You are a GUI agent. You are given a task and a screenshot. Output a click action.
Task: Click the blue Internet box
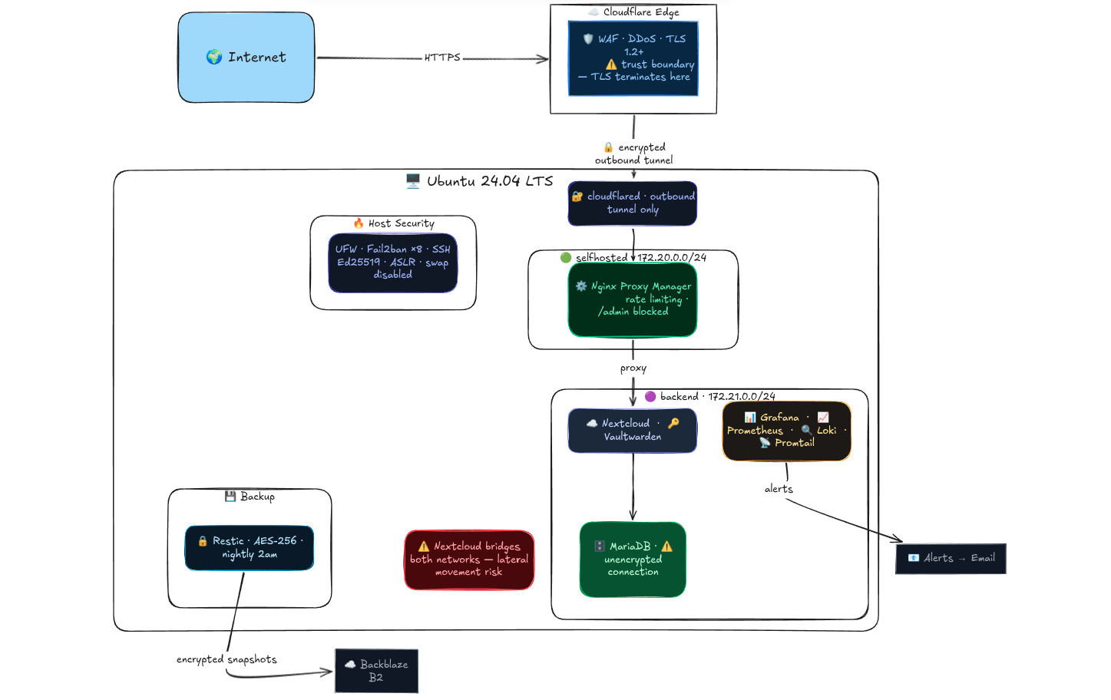tap(246, 58)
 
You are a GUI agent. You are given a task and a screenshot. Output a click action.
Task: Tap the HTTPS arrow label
tap(442, 58)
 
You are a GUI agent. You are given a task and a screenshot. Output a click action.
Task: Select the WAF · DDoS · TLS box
tap(633, 58)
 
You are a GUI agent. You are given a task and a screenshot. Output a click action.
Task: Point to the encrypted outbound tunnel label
tap(634, 154)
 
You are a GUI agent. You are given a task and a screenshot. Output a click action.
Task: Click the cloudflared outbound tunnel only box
tap(633, 203)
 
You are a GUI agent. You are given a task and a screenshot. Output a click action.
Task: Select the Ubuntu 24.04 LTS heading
tap(479, 181)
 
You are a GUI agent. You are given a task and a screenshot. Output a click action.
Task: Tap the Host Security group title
tap(394, 223)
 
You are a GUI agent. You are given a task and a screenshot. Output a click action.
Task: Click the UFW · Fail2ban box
tap(393, 262)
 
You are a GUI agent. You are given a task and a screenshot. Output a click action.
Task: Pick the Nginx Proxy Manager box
tap(633, 299)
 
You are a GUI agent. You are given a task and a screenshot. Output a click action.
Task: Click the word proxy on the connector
tap(633, 368)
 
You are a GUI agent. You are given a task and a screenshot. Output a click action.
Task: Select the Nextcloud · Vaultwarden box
tap(633, 431)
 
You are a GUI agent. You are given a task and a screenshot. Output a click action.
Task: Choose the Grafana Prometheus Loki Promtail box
tap(787, 431)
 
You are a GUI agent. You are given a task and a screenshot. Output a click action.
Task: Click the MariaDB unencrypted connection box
tap(633, 560)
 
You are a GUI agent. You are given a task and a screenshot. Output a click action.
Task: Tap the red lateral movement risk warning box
tap(469, 560)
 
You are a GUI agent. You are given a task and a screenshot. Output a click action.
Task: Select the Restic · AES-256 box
tap(250, 548)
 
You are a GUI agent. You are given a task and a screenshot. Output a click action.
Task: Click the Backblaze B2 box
tap(376, 671)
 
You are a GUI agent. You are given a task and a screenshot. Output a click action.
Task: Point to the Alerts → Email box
tap(951, 559)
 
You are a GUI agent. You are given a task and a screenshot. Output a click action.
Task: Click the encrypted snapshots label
tap(226, 659)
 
